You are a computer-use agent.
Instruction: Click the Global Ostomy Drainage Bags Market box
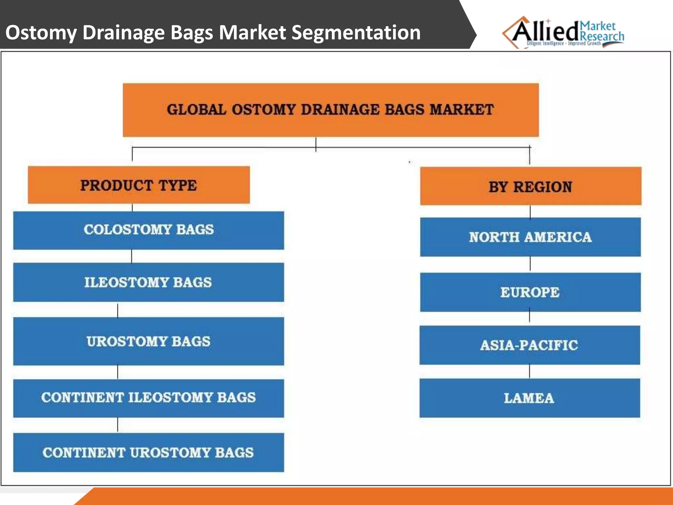point(331,110)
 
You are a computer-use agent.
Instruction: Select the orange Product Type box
point(139,185)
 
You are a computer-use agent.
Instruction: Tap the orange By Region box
point(530,186)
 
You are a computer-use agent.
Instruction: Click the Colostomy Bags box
point(149,230)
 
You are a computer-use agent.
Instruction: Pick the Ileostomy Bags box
point(149,282)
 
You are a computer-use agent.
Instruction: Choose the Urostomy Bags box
point(149,341)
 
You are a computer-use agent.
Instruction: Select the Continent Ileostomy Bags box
point(149,398)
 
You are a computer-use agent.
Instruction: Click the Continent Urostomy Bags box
point(149,452)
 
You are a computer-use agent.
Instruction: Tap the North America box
point(530,237)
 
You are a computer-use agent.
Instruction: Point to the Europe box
point(530,292)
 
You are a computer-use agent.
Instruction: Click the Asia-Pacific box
point(529,345)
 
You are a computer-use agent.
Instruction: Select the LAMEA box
point(529,398)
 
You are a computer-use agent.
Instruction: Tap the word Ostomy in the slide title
point(41,33)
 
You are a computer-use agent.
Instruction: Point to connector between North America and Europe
point(530,264)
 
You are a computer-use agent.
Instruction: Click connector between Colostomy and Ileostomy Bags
point(132,256)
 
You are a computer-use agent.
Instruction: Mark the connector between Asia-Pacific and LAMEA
point(529,371)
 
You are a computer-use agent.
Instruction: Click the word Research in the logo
point(602,36)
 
